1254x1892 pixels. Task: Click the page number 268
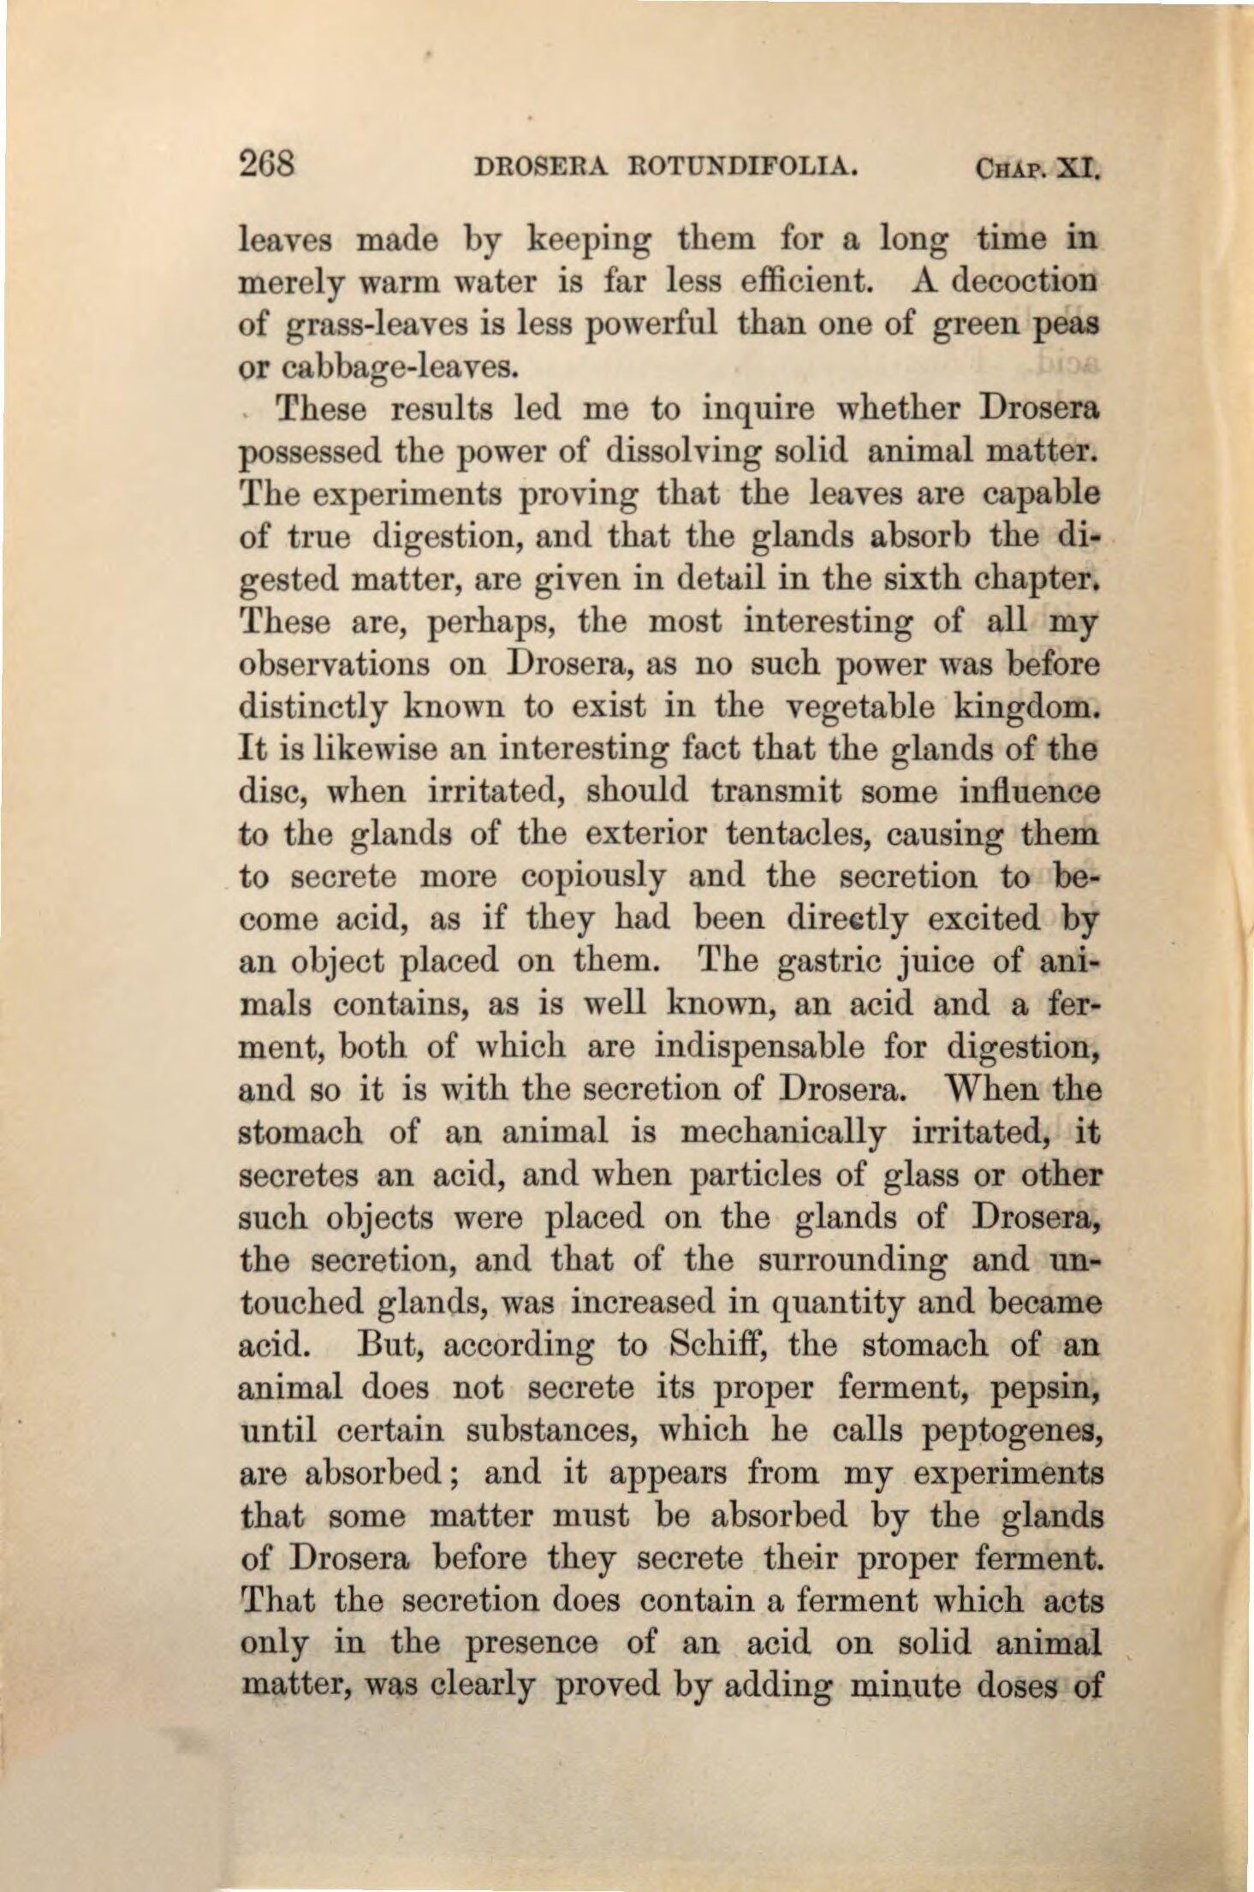pyautogui.click(x=266, y=163)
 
